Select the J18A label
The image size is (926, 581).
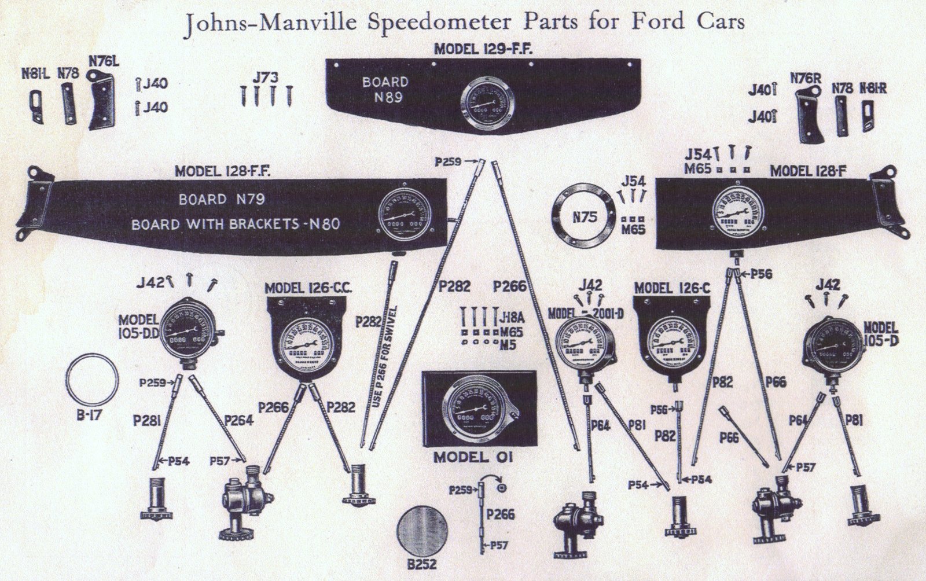point(510,316)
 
